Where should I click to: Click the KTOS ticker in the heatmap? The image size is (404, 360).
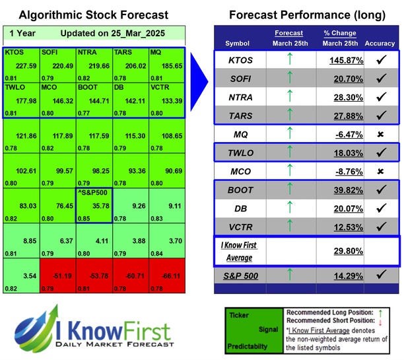(x=14, y=52)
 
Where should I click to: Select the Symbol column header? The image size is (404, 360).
(x=238, y=44)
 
